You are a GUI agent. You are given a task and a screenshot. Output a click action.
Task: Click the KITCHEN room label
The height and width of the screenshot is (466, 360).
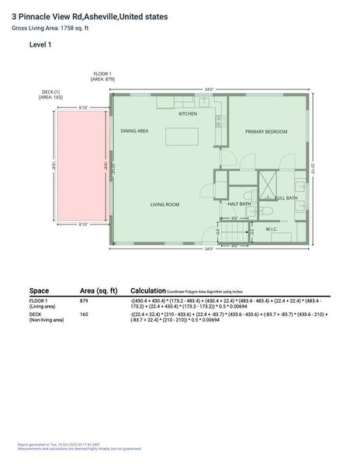[x=188, y=114]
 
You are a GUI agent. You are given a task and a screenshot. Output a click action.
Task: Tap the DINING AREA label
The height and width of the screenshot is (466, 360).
[x=134, y=131]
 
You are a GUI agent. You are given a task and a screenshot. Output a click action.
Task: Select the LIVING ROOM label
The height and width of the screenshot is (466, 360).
[x=164, y=204]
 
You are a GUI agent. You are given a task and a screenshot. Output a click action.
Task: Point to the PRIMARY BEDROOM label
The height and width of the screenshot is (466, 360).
[x=266, y=131]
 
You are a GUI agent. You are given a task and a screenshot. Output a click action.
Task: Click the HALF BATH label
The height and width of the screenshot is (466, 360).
[x=239, y=203]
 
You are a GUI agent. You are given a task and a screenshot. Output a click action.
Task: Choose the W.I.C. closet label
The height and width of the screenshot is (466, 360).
[x=272, y=229]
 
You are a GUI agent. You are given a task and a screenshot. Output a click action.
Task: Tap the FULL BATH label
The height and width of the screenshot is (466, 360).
[x=286, y=198]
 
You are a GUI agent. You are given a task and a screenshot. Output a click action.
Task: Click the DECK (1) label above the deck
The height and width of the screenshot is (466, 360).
[x=51, y=94]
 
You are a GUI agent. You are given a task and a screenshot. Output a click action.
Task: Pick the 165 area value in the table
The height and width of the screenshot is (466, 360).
[x=85, y=315]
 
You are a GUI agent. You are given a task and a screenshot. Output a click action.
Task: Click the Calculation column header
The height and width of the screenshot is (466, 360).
[x=148, y=289]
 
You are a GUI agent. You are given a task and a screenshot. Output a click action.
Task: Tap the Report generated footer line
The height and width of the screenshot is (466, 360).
[x=58, y=445]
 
